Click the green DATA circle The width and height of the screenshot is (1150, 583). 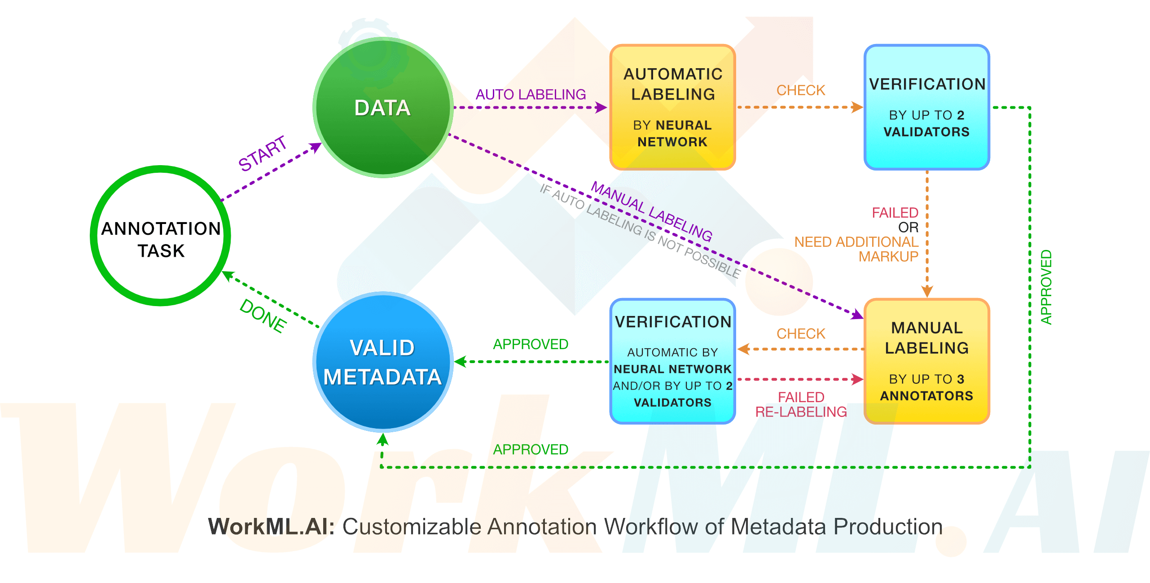click(382, 108)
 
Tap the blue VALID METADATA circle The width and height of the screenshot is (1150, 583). click(382, 362)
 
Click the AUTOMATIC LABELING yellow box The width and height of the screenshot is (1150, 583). click(672, 107)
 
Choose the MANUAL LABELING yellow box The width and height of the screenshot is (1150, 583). click(926, 361)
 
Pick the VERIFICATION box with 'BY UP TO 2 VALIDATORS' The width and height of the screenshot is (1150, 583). click(926, 107)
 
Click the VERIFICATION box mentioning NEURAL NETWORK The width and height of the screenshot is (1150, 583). click(672, 361)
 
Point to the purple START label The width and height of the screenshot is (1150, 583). click(262, 153)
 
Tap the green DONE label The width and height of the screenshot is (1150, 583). click(263, 316)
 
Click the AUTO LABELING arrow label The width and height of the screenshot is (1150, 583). click(531, 94)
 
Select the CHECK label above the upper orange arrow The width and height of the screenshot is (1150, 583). click(801, 90)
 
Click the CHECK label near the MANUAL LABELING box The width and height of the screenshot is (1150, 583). click(801, 333)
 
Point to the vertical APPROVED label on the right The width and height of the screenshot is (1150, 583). click(1046, 287)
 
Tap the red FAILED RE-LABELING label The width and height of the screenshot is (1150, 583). click(801, 404)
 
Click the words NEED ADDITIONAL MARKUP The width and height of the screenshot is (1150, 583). click(856, 249)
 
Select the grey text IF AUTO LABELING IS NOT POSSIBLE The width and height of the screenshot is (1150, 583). click(640, 231)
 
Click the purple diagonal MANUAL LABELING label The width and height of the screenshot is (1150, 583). click(651, 211)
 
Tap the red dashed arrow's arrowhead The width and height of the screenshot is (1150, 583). click(857, 379)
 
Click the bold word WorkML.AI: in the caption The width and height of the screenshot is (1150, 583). click(272, 526)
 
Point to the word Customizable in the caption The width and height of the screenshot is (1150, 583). click(412, 526)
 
